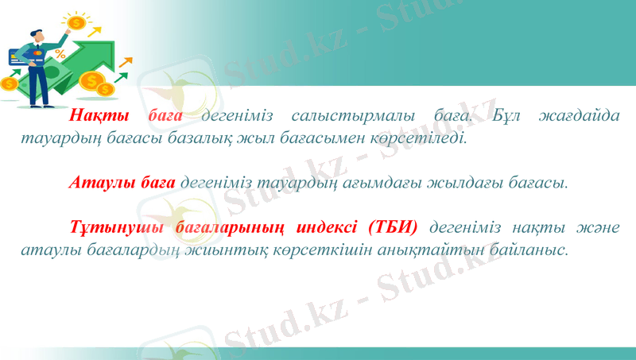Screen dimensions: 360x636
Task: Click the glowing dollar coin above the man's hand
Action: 76,23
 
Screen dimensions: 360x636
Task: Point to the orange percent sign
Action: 60,54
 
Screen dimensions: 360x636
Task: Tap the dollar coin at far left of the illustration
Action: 9,83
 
